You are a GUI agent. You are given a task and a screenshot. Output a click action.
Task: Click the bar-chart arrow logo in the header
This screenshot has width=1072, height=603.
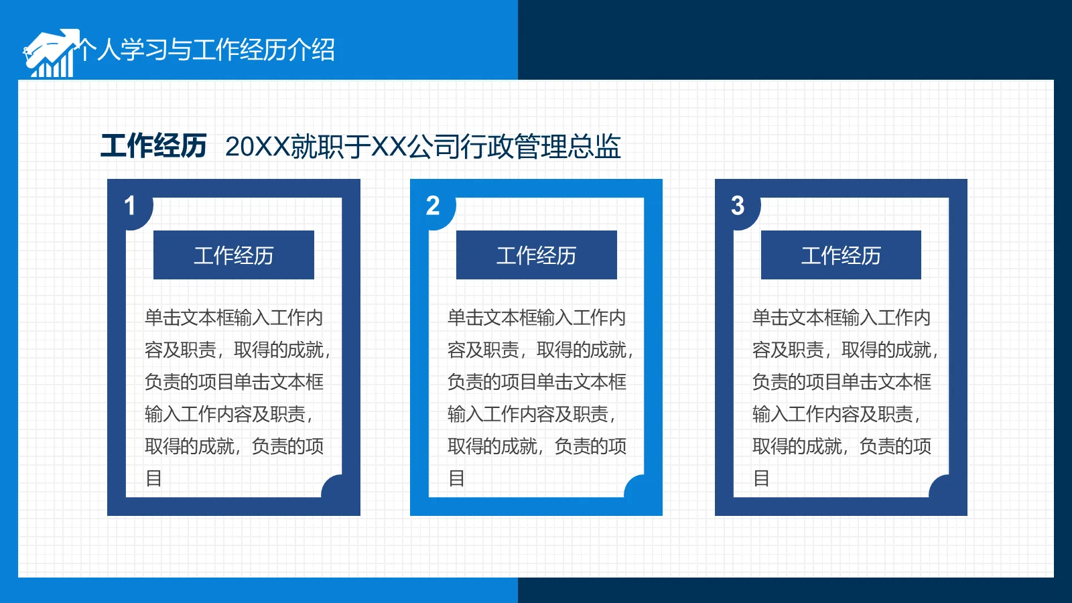(x=50, y=54)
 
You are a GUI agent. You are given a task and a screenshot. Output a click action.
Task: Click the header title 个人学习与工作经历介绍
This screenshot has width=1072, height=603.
(x=206, y=50)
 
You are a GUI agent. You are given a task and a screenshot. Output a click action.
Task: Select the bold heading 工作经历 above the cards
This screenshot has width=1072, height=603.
(x=153, y=146)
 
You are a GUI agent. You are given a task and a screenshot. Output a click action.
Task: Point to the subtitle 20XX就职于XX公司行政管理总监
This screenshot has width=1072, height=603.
(x=423, y=147)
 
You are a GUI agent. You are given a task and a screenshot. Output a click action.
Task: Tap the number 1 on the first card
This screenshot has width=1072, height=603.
(x=130, y=206)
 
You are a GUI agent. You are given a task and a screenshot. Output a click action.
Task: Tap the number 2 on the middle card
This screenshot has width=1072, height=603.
(x=433, y=206)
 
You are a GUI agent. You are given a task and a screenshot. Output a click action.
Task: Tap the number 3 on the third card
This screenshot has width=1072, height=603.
(x=738, y=206)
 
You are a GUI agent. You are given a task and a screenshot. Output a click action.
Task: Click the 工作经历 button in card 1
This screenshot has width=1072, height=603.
(x=234, y=255)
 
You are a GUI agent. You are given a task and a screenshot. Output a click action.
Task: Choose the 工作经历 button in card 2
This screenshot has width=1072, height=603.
(x=537, y=255)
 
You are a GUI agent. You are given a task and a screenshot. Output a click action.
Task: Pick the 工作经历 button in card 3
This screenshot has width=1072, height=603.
(x=841, y=255)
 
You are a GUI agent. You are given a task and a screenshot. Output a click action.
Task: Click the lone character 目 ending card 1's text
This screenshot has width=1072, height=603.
(x=154, y=478)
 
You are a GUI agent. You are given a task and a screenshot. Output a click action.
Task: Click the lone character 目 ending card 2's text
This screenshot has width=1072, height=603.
(x=457, y=478)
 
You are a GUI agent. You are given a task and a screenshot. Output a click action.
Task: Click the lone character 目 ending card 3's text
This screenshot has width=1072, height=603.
(x=761, y=478)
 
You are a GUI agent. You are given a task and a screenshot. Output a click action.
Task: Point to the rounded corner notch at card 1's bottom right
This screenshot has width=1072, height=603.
(x=333, y=487)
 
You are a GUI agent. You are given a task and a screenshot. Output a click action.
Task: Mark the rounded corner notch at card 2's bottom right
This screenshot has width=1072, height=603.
(x=636, y=487)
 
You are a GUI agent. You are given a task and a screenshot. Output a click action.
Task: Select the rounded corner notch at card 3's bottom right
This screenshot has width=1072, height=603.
(x=940, y=487)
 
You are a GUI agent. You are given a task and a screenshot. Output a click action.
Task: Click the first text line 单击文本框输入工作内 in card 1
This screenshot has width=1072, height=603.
(x=234, y=318)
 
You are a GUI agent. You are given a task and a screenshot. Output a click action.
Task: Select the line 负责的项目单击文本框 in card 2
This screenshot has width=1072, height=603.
(x=537, y=382)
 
